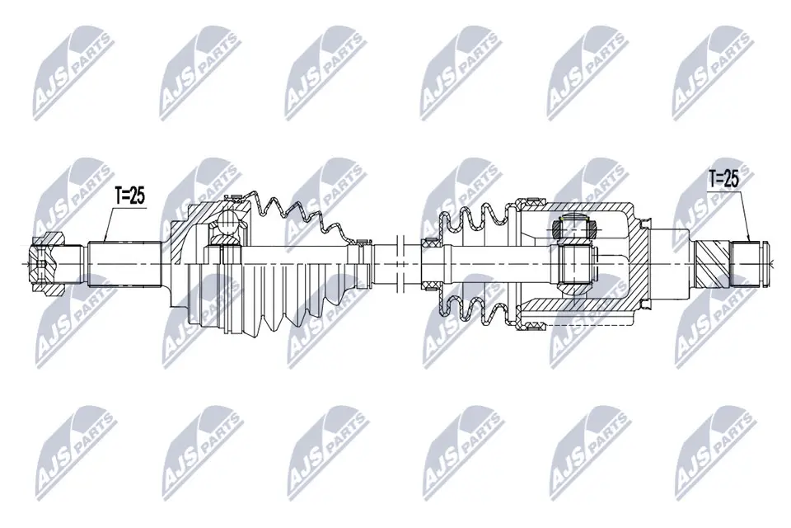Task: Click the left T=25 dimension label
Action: (129, 196)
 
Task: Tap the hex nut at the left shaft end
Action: (46, 264)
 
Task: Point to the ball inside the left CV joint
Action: (224, 223)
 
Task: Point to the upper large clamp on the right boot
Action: (530, 200)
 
